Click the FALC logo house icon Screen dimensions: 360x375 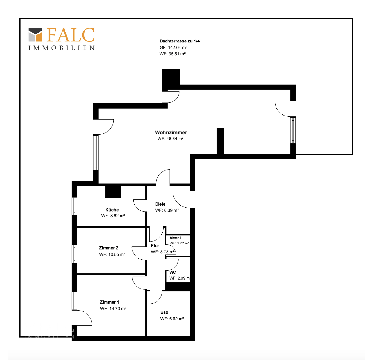point(35,35)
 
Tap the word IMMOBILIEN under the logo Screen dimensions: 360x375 point(62,48)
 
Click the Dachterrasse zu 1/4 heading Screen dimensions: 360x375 point(180,41)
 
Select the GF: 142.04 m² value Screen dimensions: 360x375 point(173,47)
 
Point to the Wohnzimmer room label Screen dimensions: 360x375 point(171,132)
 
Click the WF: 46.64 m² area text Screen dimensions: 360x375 point(170,139)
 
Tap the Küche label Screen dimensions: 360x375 point(112,210)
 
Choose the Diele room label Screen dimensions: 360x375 point(160,204)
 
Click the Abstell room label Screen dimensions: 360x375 point(175,238)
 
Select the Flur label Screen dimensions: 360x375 point(155,245)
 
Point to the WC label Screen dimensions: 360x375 point(173,272)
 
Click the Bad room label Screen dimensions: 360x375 point(164,312)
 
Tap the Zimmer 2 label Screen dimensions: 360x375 point(109,248)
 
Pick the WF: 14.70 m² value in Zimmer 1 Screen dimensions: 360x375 point(113,309)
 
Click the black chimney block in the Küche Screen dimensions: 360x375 point(113,191)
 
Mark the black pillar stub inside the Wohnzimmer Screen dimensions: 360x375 point(220,141)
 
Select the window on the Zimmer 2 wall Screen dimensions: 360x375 point(74,254)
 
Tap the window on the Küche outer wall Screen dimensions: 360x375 point(74,206)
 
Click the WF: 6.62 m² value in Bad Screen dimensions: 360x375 point(172,319)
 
